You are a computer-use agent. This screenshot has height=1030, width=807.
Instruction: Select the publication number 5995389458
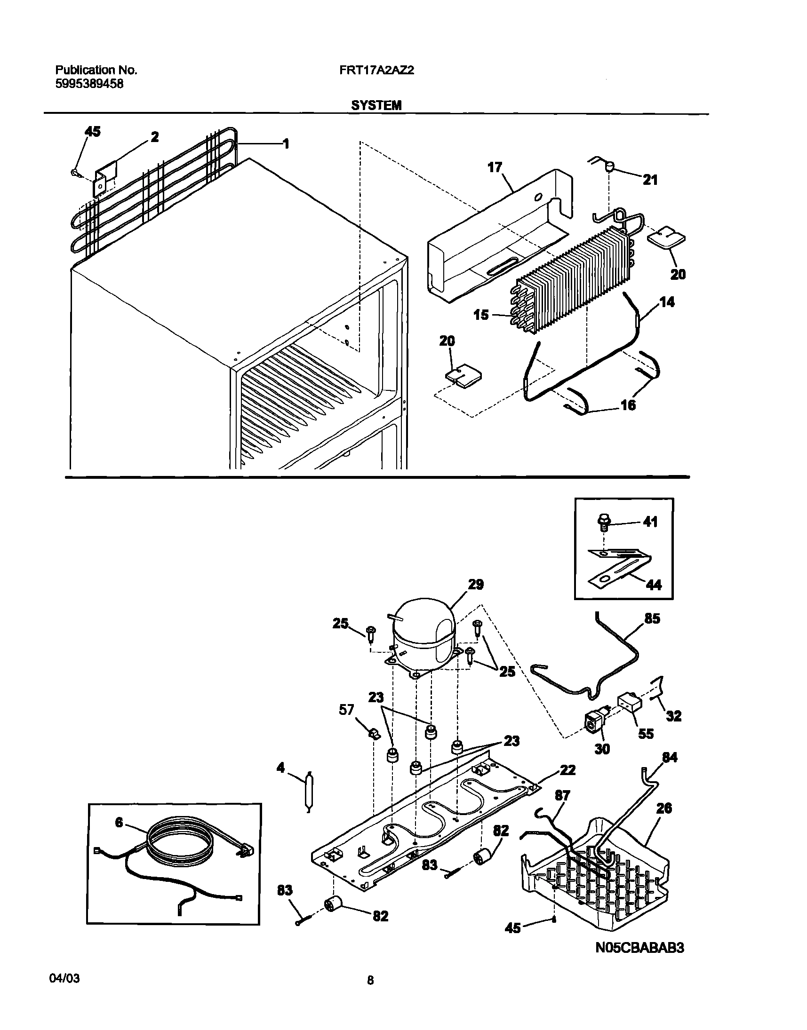[89, 84]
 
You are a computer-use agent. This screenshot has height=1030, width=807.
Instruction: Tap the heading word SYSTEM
[376, 105]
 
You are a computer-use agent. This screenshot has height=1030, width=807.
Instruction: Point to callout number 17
[495, 167]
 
